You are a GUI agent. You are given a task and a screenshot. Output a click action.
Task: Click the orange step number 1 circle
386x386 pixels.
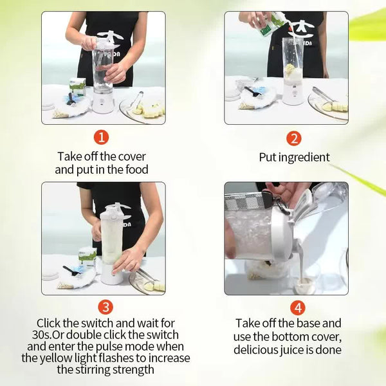[102, 138]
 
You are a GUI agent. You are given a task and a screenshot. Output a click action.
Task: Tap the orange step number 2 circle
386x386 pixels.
[294, 138]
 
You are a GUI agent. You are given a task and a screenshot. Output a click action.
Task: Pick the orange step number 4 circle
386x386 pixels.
[297, 308]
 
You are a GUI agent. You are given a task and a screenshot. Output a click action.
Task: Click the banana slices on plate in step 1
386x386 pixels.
[151, 110]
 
